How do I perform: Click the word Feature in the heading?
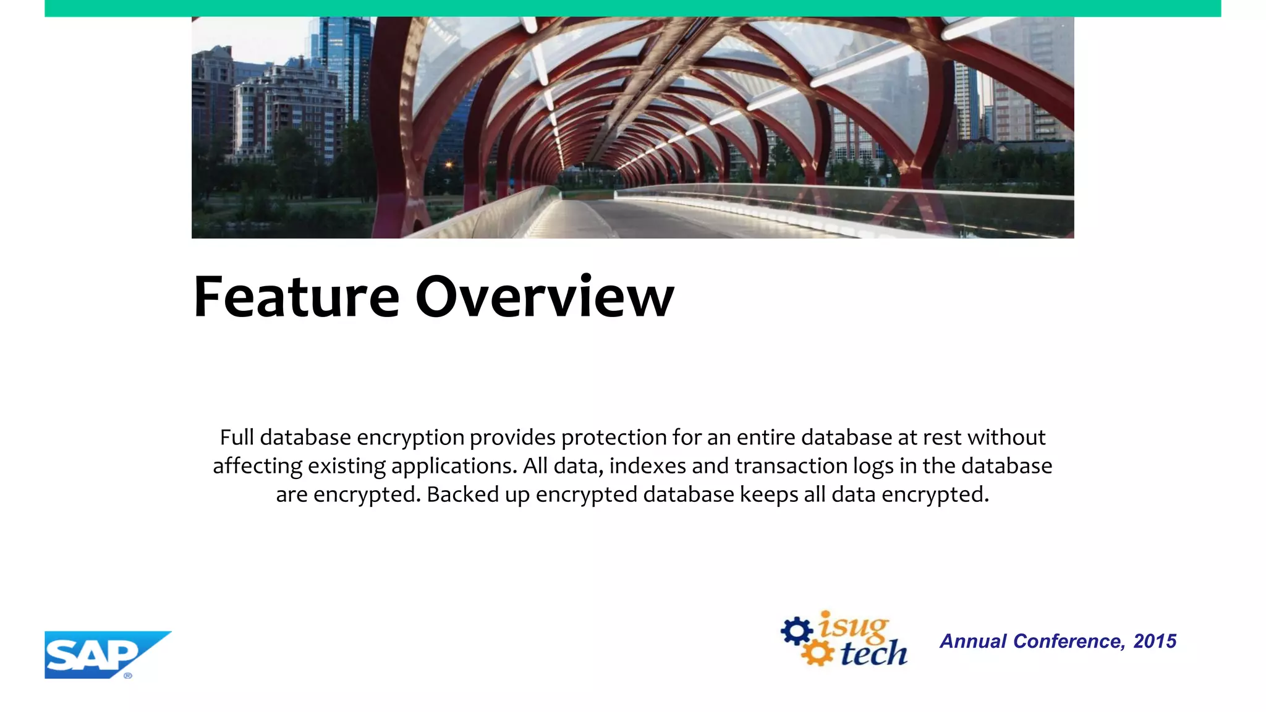click(296, 298)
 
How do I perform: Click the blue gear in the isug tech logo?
click(796, 631)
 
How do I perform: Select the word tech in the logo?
click(873, 654)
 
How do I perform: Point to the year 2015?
click(1154, 642)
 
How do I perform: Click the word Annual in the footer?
click(973, 642)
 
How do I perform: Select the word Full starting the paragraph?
click(237, 438)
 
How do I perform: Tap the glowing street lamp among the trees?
click(449, 165)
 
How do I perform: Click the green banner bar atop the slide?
click(632, 8)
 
